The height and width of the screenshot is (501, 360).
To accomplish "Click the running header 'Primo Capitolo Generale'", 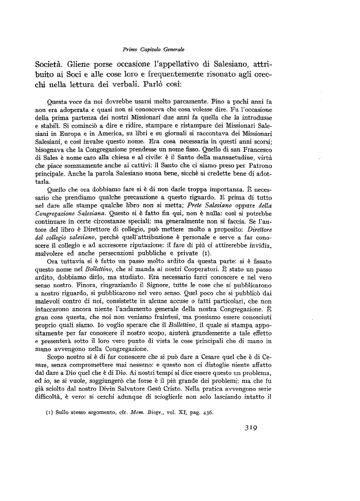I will click(x=153, y=49).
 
